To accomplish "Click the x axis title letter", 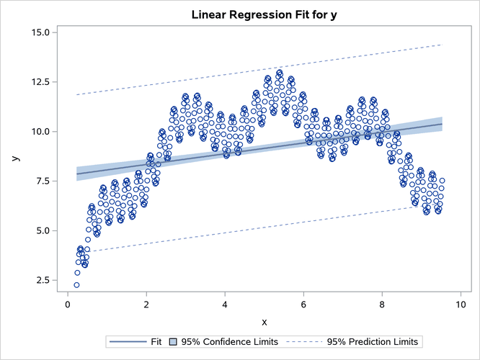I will click(265, 321).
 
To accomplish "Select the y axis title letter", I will click(14, 156).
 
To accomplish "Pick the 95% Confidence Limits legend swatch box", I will click(174, 341).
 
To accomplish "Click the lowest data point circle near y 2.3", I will click(76, 285).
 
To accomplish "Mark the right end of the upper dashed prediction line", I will click(441, 45).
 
